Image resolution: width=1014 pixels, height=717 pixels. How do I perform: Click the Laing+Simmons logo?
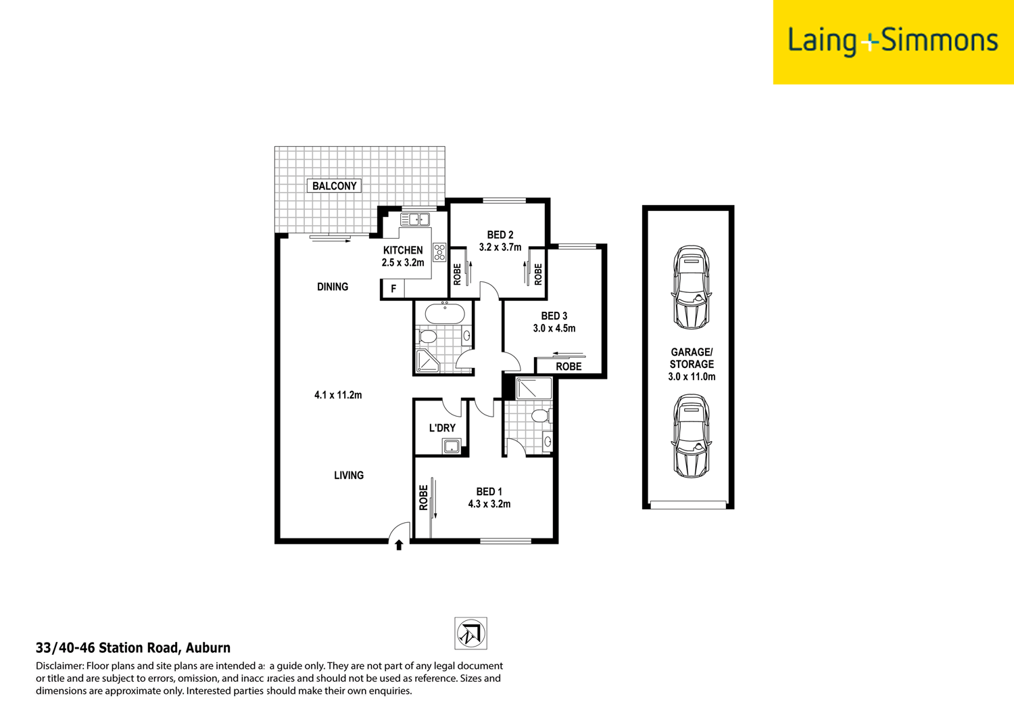(892, 41)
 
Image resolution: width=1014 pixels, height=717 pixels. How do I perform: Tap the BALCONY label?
(334, 186)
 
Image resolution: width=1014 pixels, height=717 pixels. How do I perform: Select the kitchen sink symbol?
(414, 219)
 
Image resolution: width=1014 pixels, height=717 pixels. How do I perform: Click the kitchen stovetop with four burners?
(439, 252)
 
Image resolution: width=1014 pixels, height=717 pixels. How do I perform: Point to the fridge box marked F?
(393, 289)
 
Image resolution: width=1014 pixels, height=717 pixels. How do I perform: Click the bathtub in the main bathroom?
(444, 314)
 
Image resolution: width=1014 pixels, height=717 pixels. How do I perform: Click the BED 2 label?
(500, 235)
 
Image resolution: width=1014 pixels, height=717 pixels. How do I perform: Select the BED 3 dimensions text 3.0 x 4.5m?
(554, 329)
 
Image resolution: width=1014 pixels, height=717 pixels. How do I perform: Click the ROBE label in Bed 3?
(569, 367)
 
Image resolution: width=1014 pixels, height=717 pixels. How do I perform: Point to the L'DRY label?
(442, 427)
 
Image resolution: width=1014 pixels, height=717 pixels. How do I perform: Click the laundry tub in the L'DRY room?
(451, 446)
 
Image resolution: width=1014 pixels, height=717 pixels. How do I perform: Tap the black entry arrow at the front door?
(399, 545)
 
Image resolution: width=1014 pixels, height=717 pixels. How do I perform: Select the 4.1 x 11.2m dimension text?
(338, 395)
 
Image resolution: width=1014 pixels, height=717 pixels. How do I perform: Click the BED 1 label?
(489, 492)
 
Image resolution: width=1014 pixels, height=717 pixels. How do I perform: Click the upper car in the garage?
(690, 287)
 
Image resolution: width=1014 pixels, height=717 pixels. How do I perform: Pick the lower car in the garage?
(690, 436)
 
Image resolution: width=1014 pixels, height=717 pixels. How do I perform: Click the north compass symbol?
(470, 634)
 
